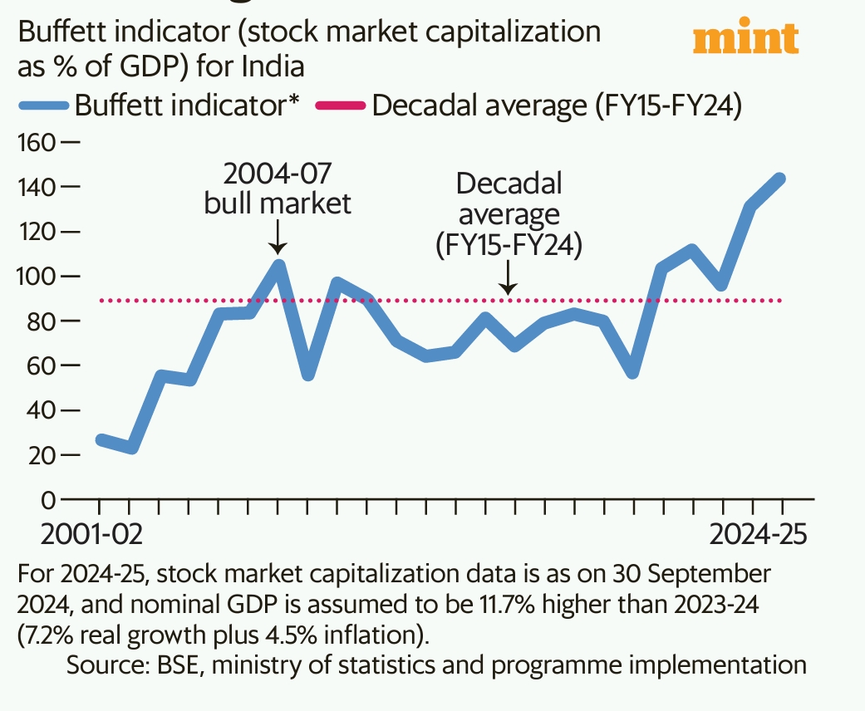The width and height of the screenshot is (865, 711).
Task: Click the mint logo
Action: pos(745,38)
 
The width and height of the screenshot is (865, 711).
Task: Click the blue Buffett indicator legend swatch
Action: pos(42,106)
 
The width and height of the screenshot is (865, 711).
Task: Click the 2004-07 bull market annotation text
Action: pos(278,189)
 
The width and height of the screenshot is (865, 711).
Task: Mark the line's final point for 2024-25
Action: pos(781,178)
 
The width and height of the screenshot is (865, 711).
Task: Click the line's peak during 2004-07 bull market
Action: pos(279,265)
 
